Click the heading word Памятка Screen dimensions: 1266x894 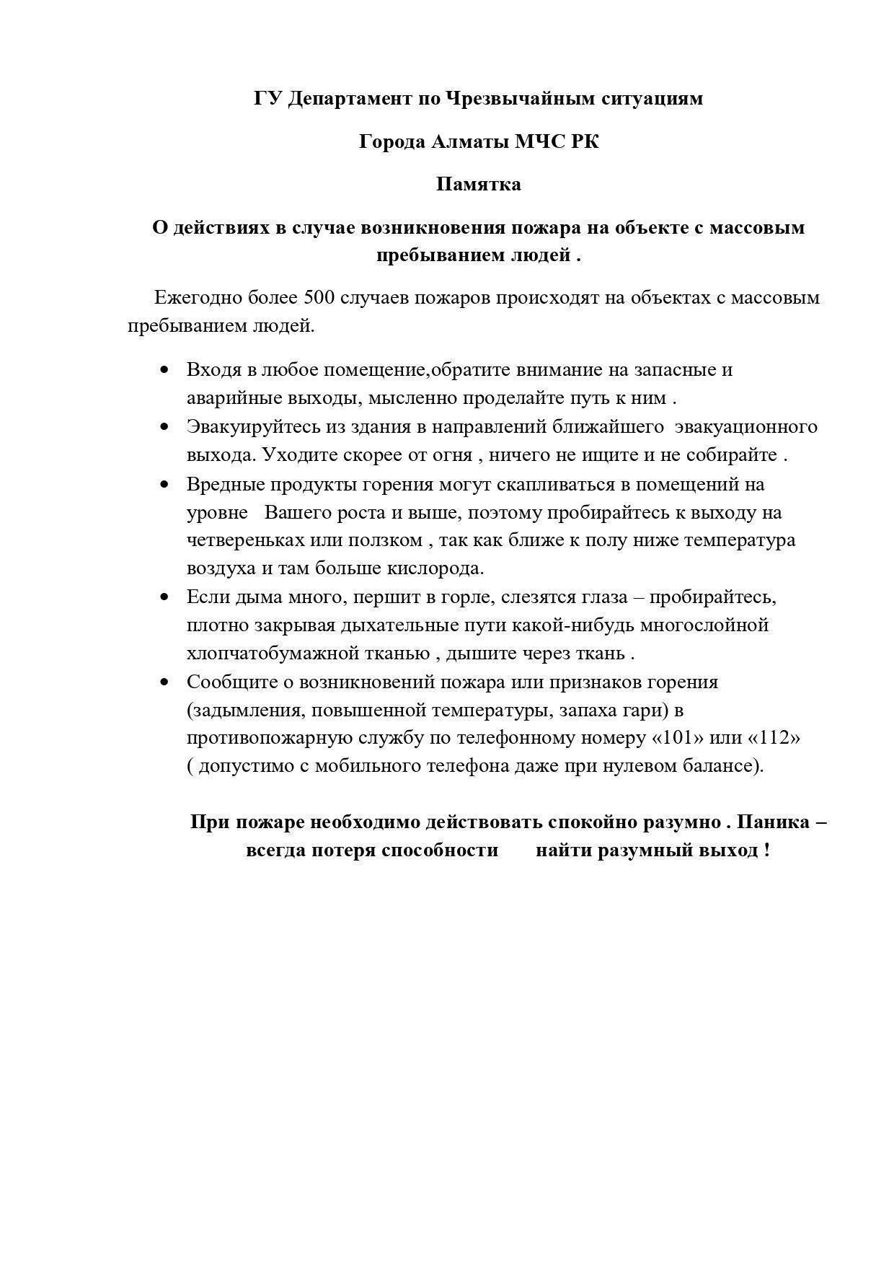click(x=478, y=185)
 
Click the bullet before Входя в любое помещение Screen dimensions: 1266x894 click(x=165, y=370)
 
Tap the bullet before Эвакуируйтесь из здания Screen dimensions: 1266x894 click(x=165, y=427)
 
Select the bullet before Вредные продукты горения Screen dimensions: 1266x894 click(x=165, y=484)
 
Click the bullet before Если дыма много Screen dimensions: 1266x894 click(x=165, y=597)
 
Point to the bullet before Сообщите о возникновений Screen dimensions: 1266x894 click(x=165, y=682)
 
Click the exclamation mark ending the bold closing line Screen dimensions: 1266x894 click(x=766, y=850)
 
